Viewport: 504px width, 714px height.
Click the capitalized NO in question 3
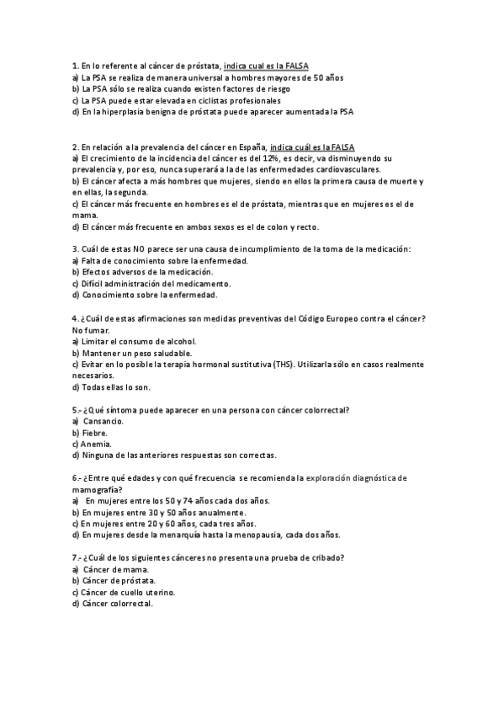(x=141, y=249)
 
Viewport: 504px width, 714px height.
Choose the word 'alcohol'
(x=180, y=341)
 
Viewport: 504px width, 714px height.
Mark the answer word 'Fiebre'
(x=94, y=432)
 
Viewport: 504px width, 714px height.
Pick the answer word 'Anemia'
(x=97, y=443)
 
